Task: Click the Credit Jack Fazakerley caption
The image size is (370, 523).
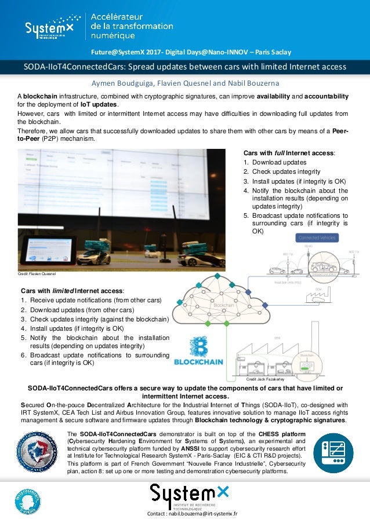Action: point(265,379)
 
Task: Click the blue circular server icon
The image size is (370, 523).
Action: point(333,452)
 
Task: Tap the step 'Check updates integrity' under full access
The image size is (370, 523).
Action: point(286,171)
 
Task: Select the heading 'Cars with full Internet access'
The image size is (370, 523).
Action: point(289,152)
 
